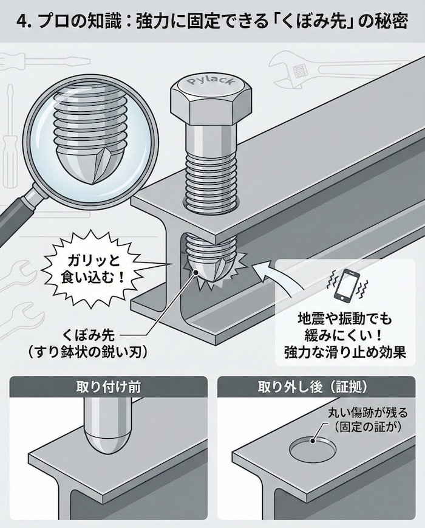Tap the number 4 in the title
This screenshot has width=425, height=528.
tap(22, 22)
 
